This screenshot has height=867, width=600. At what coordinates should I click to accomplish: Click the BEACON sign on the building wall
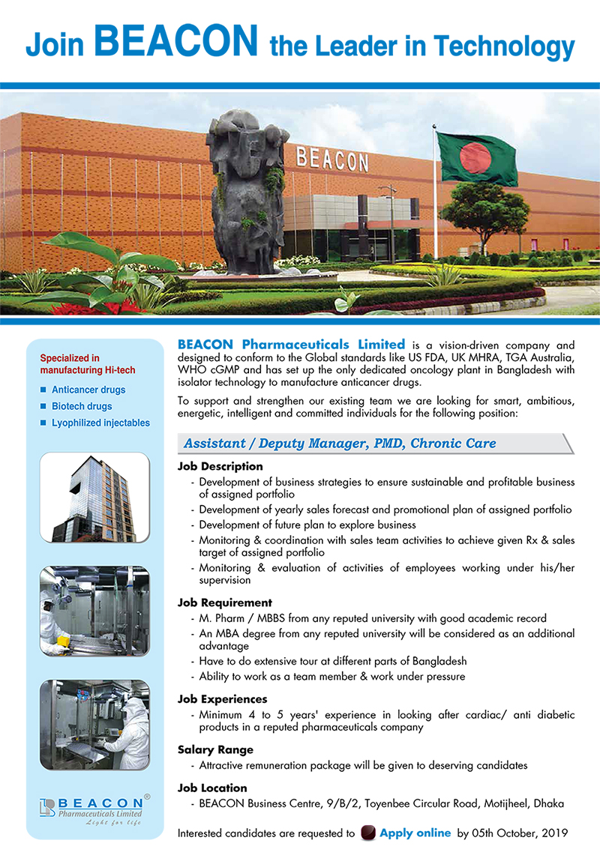(x=332, y=160)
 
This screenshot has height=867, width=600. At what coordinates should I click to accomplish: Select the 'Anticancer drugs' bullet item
(x=88, y=390)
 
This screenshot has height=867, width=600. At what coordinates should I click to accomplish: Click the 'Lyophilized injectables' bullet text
(x=100, y=423)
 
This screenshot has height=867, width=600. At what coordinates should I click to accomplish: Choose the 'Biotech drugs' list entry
(x=82, y=406)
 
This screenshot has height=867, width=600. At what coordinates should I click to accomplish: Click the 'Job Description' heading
(x=220, y=466)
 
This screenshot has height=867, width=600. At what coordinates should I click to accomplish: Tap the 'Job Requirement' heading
(x=224, y=602)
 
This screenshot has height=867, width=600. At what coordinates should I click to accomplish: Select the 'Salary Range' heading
(x=215, y=749)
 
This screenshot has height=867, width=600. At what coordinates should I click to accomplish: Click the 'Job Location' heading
(x=212, y=788)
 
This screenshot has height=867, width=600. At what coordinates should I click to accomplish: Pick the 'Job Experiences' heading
(x=222, y=699)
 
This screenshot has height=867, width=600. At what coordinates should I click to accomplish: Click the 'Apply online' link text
(x=415, y=833)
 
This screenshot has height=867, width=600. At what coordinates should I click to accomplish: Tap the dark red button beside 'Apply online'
(x=367, y=833)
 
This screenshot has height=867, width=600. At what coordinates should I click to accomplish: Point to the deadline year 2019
(x=554, y=833)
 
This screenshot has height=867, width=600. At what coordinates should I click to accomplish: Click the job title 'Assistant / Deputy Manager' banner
(x=340, y=444)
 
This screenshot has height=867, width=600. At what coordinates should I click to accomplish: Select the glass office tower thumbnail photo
(x=94, y=498)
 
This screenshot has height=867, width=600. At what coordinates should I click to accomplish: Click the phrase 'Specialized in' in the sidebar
(x=70, y=358)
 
